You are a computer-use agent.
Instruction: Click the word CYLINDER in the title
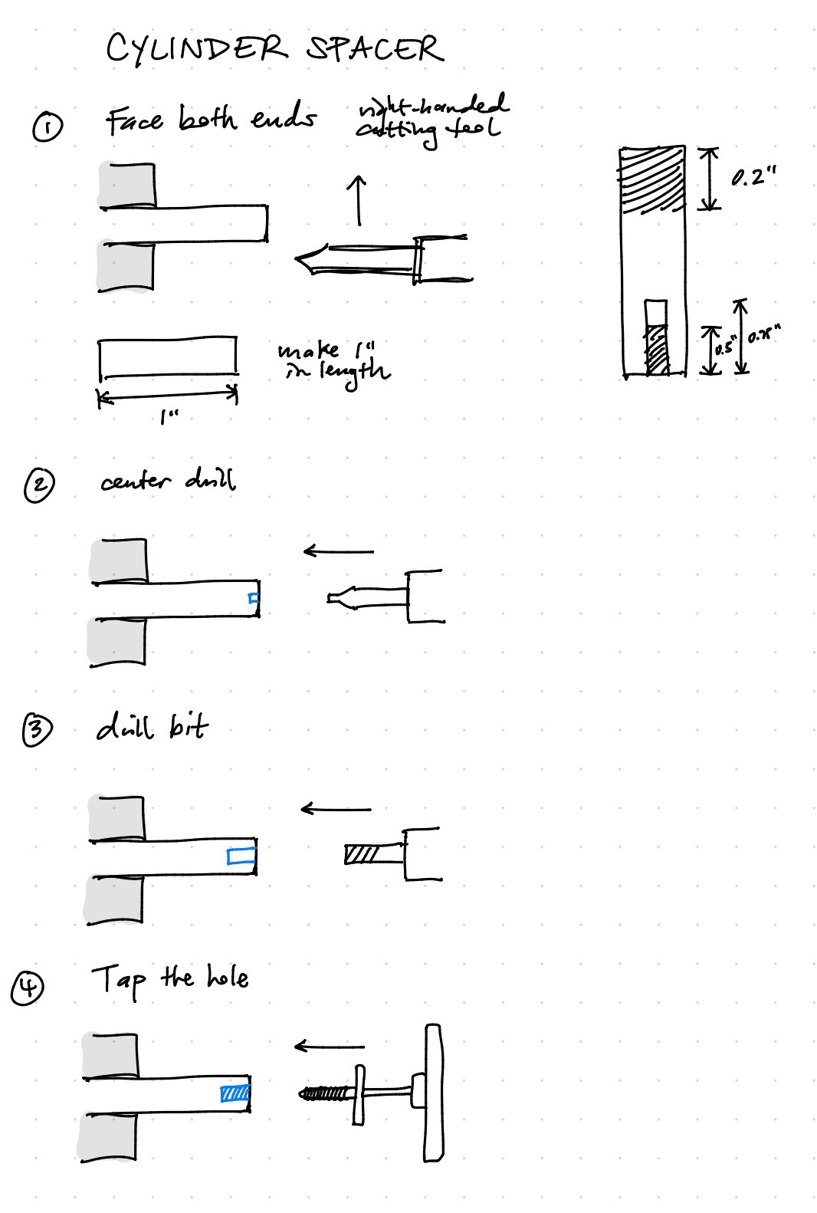pyautogui.click(x=196, y=50)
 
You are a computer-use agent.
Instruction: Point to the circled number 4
pyautogui.click(x=28, y=988)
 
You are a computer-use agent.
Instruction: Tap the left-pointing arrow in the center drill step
pyautogui.click(x=338, y=551)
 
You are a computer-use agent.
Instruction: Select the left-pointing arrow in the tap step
pyautogui.click(x=330, y=1046)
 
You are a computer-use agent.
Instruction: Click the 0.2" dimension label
pyautogui.click(x=753, y=179)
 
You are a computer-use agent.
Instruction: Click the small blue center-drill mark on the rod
pyautogui.click(x=254, y=599)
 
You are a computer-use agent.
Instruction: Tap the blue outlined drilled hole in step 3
pyautogui.click(x=241, y=857)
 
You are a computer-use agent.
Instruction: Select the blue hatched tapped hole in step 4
pyautogui.click(x=235, y=1093)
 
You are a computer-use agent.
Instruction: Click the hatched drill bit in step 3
pyautogui.click(x=363, y=853)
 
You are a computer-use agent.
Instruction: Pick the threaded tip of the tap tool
pyautogui.click(x=323, y=1092)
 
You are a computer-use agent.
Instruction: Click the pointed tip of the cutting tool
pyautogui.click(x=300, y=258)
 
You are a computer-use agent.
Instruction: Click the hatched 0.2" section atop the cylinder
pyautogui.click(x=652, y=178)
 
